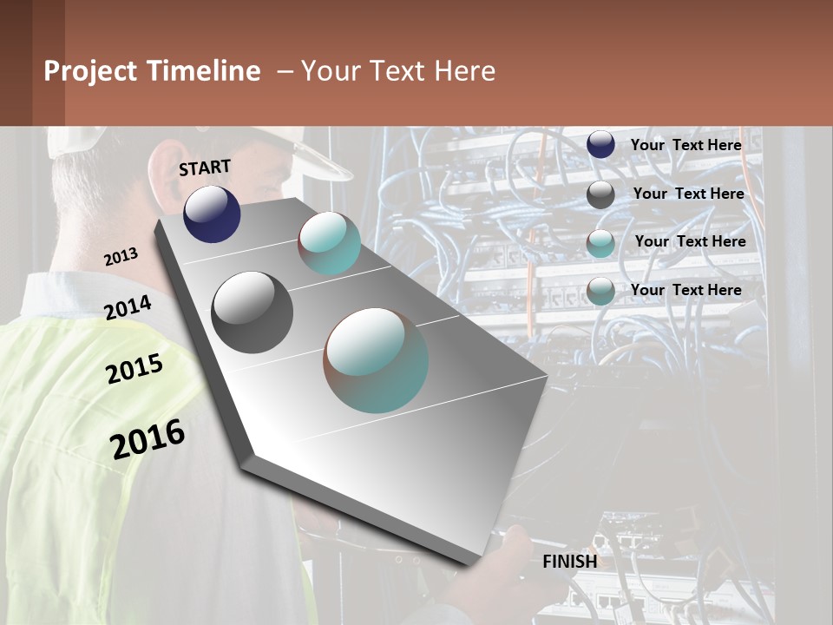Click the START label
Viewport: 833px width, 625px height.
(205, 167)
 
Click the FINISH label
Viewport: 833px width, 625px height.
(569, 562)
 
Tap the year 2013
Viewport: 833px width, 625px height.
(121, 256)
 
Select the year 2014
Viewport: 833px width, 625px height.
(128, 307)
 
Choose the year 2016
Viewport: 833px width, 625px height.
(148, 438)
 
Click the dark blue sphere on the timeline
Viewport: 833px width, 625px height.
(212, 214)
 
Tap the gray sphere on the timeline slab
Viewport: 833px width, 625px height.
(253, 312)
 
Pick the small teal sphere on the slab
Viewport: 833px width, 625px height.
(330, 243)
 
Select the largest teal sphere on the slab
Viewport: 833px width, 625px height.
(376, 360)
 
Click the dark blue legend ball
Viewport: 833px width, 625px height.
(600, 145)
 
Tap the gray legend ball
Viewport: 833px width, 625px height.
(600, 194)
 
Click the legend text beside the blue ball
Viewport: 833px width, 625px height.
(685, 145)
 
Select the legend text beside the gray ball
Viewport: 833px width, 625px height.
(688, 194)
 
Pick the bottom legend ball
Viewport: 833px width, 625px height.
(600, 291)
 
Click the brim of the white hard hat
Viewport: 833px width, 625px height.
(321, 161)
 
